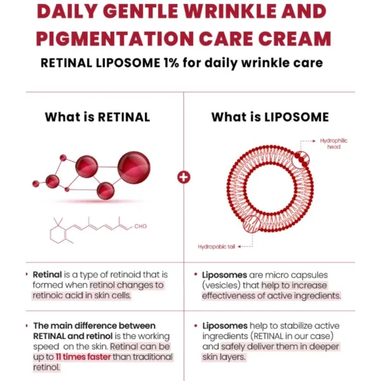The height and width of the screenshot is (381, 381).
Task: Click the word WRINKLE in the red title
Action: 231,11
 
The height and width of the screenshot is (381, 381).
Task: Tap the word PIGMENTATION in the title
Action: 115,39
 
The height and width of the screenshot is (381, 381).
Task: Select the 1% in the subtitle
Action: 171,63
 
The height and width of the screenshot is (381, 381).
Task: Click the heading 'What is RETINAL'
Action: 97,117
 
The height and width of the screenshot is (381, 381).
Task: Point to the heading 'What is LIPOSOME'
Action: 270,117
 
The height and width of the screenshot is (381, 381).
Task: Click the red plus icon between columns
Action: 184,177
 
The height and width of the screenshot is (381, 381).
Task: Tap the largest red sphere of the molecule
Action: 134,168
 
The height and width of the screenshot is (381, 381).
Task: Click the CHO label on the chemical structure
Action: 140,226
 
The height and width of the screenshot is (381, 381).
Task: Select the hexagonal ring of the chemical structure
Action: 58,235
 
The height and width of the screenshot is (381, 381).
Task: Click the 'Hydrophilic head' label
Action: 333,144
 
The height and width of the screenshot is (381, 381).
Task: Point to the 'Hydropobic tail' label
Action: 217,247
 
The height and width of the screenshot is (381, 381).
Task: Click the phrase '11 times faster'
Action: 83,357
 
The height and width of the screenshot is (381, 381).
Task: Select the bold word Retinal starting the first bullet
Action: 47,274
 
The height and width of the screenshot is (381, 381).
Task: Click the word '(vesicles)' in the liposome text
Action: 221,285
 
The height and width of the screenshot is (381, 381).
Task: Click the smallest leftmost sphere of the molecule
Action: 36,184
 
